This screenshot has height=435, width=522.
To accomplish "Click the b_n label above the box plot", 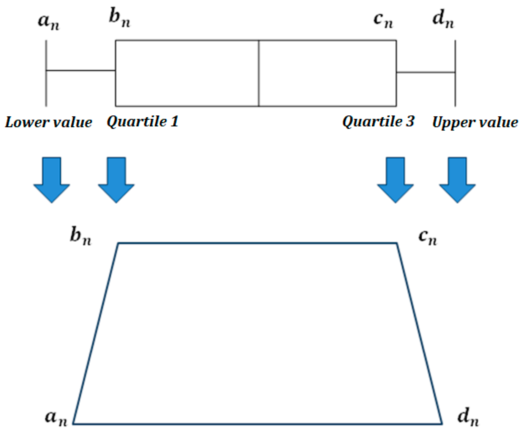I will click(119, 18).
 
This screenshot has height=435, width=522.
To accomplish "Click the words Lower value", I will click(48, 122).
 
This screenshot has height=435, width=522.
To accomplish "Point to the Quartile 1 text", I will click(143, 122).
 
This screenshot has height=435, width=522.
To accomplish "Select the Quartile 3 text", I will click(378, 122).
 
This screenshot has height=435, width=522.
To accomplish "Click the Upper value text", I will click(475, 122).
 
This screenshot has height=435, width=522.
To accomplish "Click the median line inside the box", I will click(259, 73).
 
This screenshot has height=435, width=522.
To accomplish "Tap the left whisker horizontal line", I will click(80, 71).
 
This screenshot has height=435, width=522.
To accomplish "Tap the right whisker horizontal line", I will click(425, 72).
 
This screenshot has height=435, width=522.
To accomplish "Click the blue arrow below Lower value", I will click(52, 180).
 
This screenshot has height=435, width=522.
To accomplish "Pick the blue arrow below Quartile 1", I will click(116, 180).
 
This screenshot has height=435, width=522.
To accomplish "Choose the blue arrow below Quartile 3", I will click(395, 180).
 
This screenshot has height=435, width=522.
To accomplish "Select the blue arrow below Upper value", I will click(457, 180).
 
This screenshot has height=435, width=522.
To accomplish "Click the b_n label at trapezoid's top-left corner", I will click(80, 236).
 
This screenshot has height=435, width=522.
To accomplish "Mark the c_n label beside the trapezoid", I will click(428, 237).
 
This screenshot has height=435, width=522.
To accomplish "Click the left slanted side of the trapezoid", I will click(96, 333).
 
